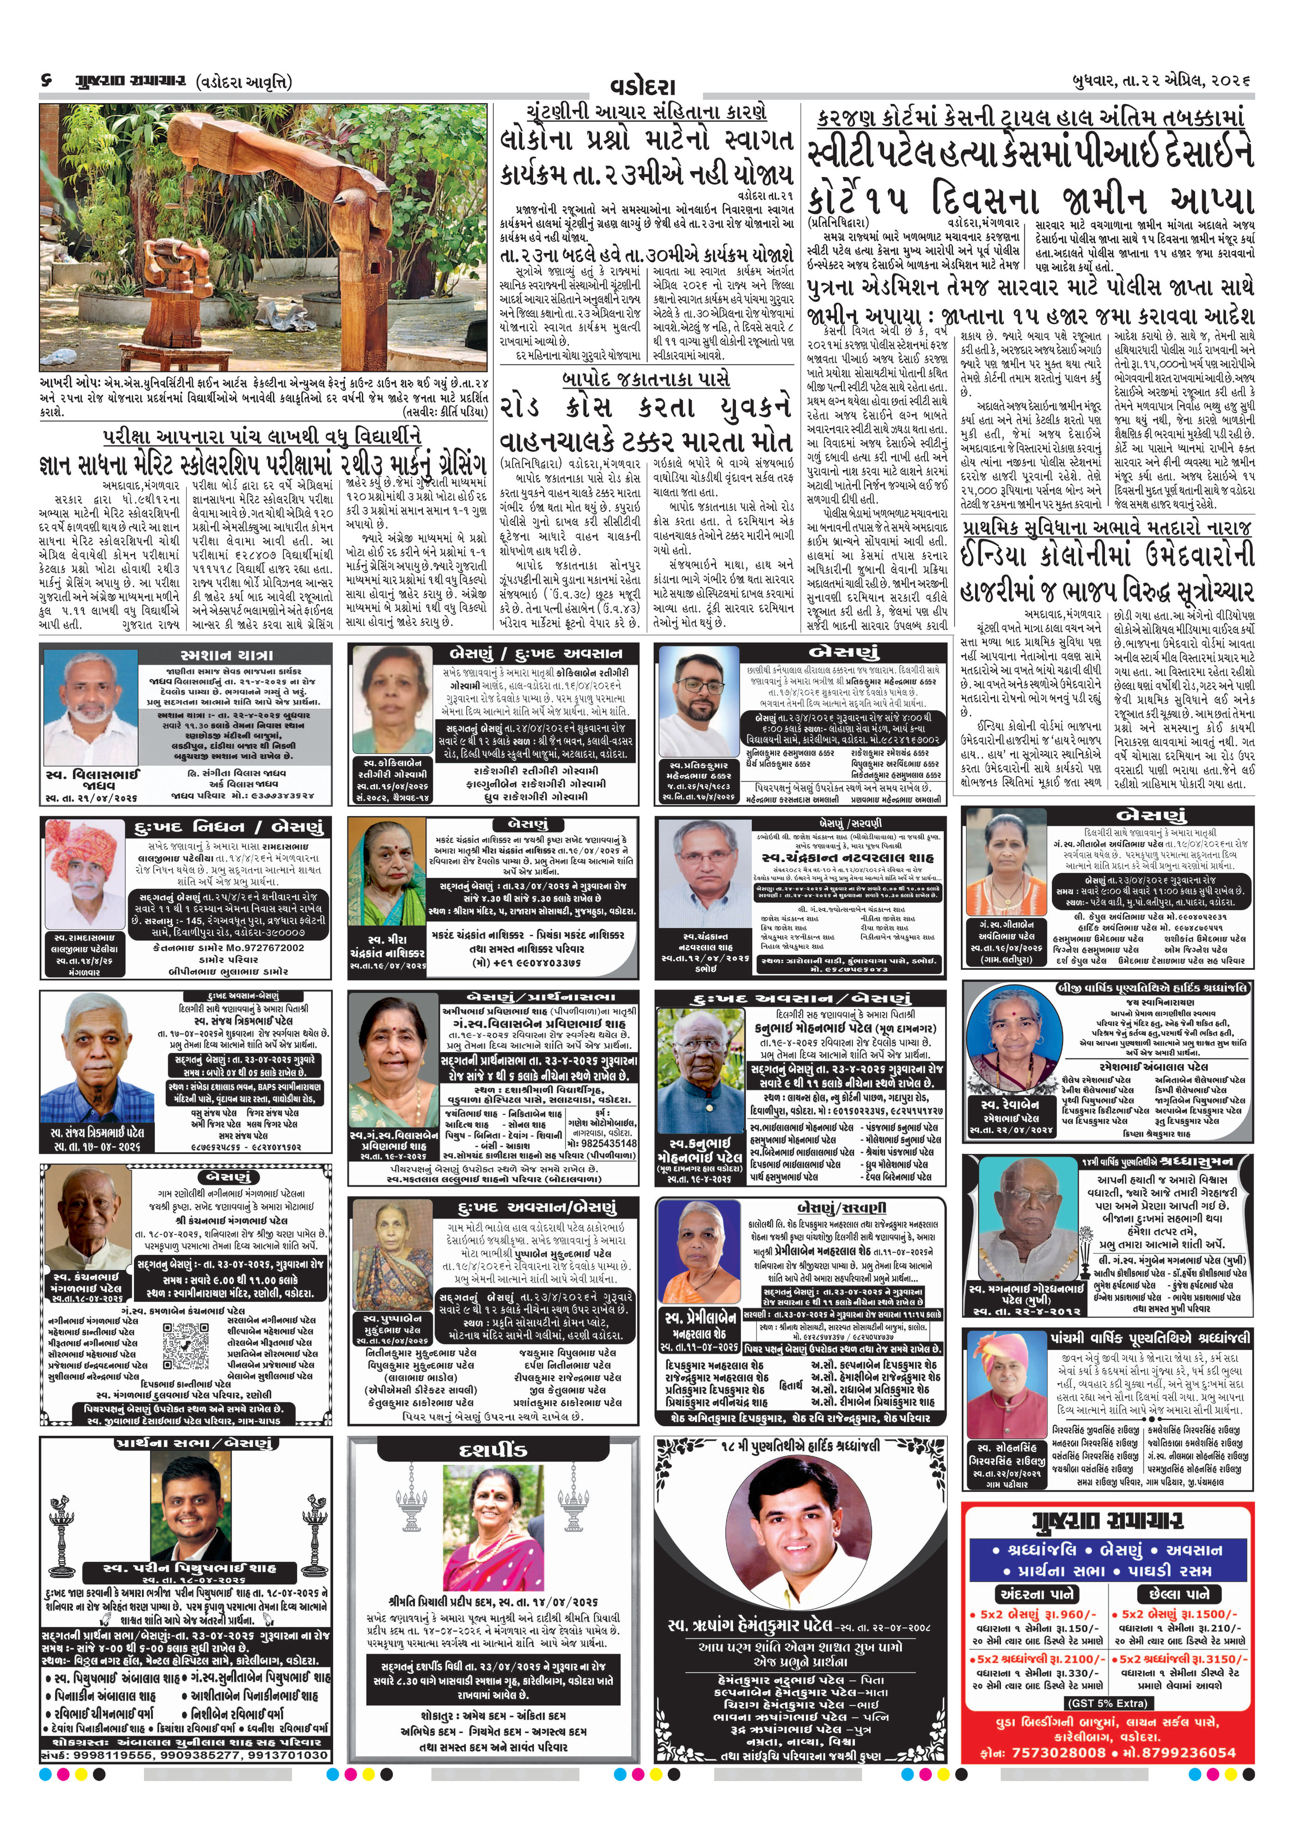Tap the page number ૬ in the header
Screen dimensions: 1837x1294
pos(46,81)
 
